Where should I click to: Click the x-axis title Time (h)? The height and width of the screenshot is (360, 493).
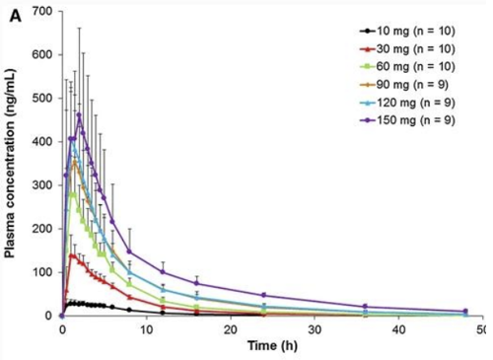coord(267,347)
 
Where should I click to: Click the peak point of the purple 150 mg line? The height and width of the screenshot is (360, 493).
coord(79,114)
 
